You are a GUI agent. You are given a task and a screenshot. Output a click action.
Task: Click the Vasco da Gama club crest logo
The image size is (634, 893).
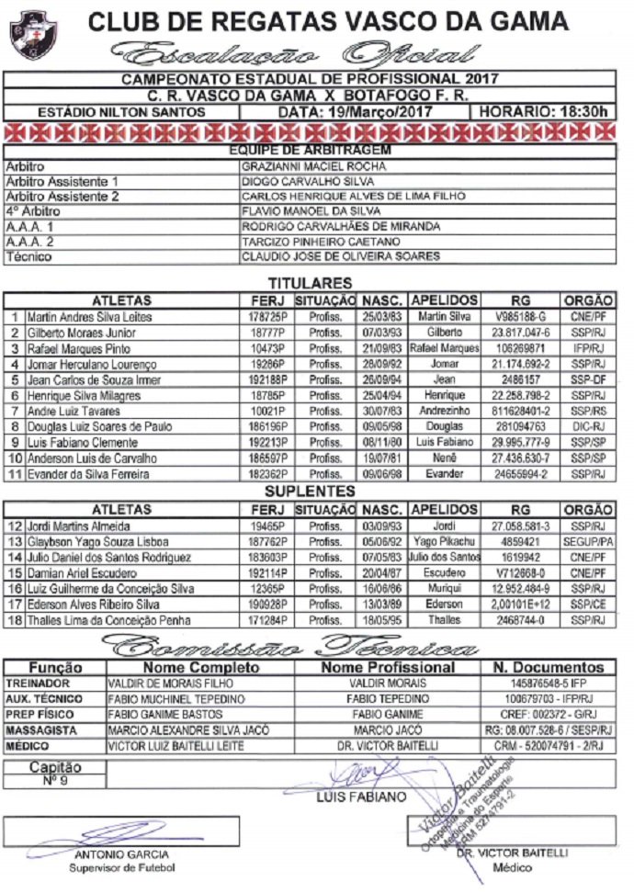click(32, 34)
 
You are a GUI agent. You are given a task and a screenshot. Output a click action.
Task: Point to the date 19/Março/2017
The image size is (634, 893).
click(355, 112)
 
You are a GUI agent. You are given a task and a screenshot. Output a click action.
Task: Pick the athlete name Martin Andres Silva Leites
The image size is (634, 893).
click(89, 317)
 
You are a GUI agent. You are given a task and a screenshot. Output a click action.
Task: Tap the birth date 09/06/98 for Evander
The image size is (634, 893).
click(380, 474)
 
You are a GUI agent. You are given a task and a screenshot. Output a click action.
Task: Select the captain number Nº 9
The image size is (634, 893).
click(55, 781)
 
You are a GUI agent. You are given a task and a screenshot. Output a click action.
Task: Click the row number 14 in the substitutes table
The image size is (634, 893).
click(14, 557)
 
